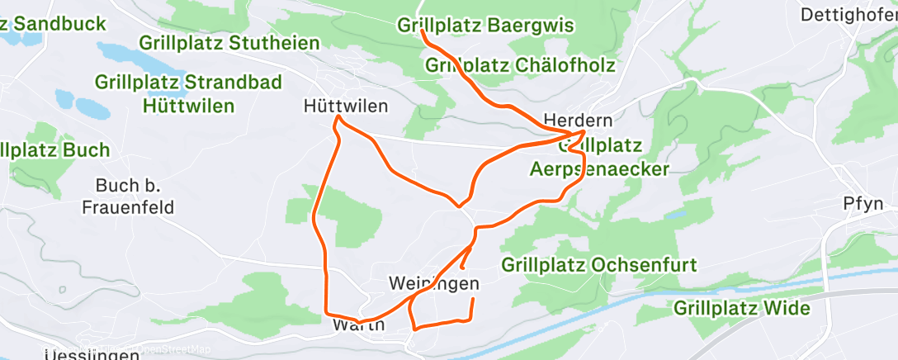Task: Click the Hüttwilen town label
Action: point(346,107)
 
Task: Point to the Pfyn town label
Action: point(863,203)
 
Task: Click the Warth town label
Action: point(358,324)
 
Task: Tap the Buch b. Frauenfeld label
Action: point(128,196)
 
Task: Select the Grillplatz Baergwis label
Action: point(485,26)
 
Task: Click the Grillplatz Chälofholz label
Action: point(521,64)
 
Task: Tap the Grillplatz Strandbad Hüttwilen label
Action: point(189,94)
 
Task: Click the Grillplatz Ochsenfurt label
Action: point(599,266)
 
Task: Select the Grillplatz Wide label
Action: point(741,309)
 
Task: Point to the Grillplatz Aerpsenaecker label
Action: point(598,158)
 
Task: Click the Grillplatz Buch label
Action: point(54,150)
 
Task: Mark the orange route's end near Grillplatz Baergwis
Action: point(423,31)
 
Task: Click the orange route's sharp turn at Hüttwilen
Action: point(337,120)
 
